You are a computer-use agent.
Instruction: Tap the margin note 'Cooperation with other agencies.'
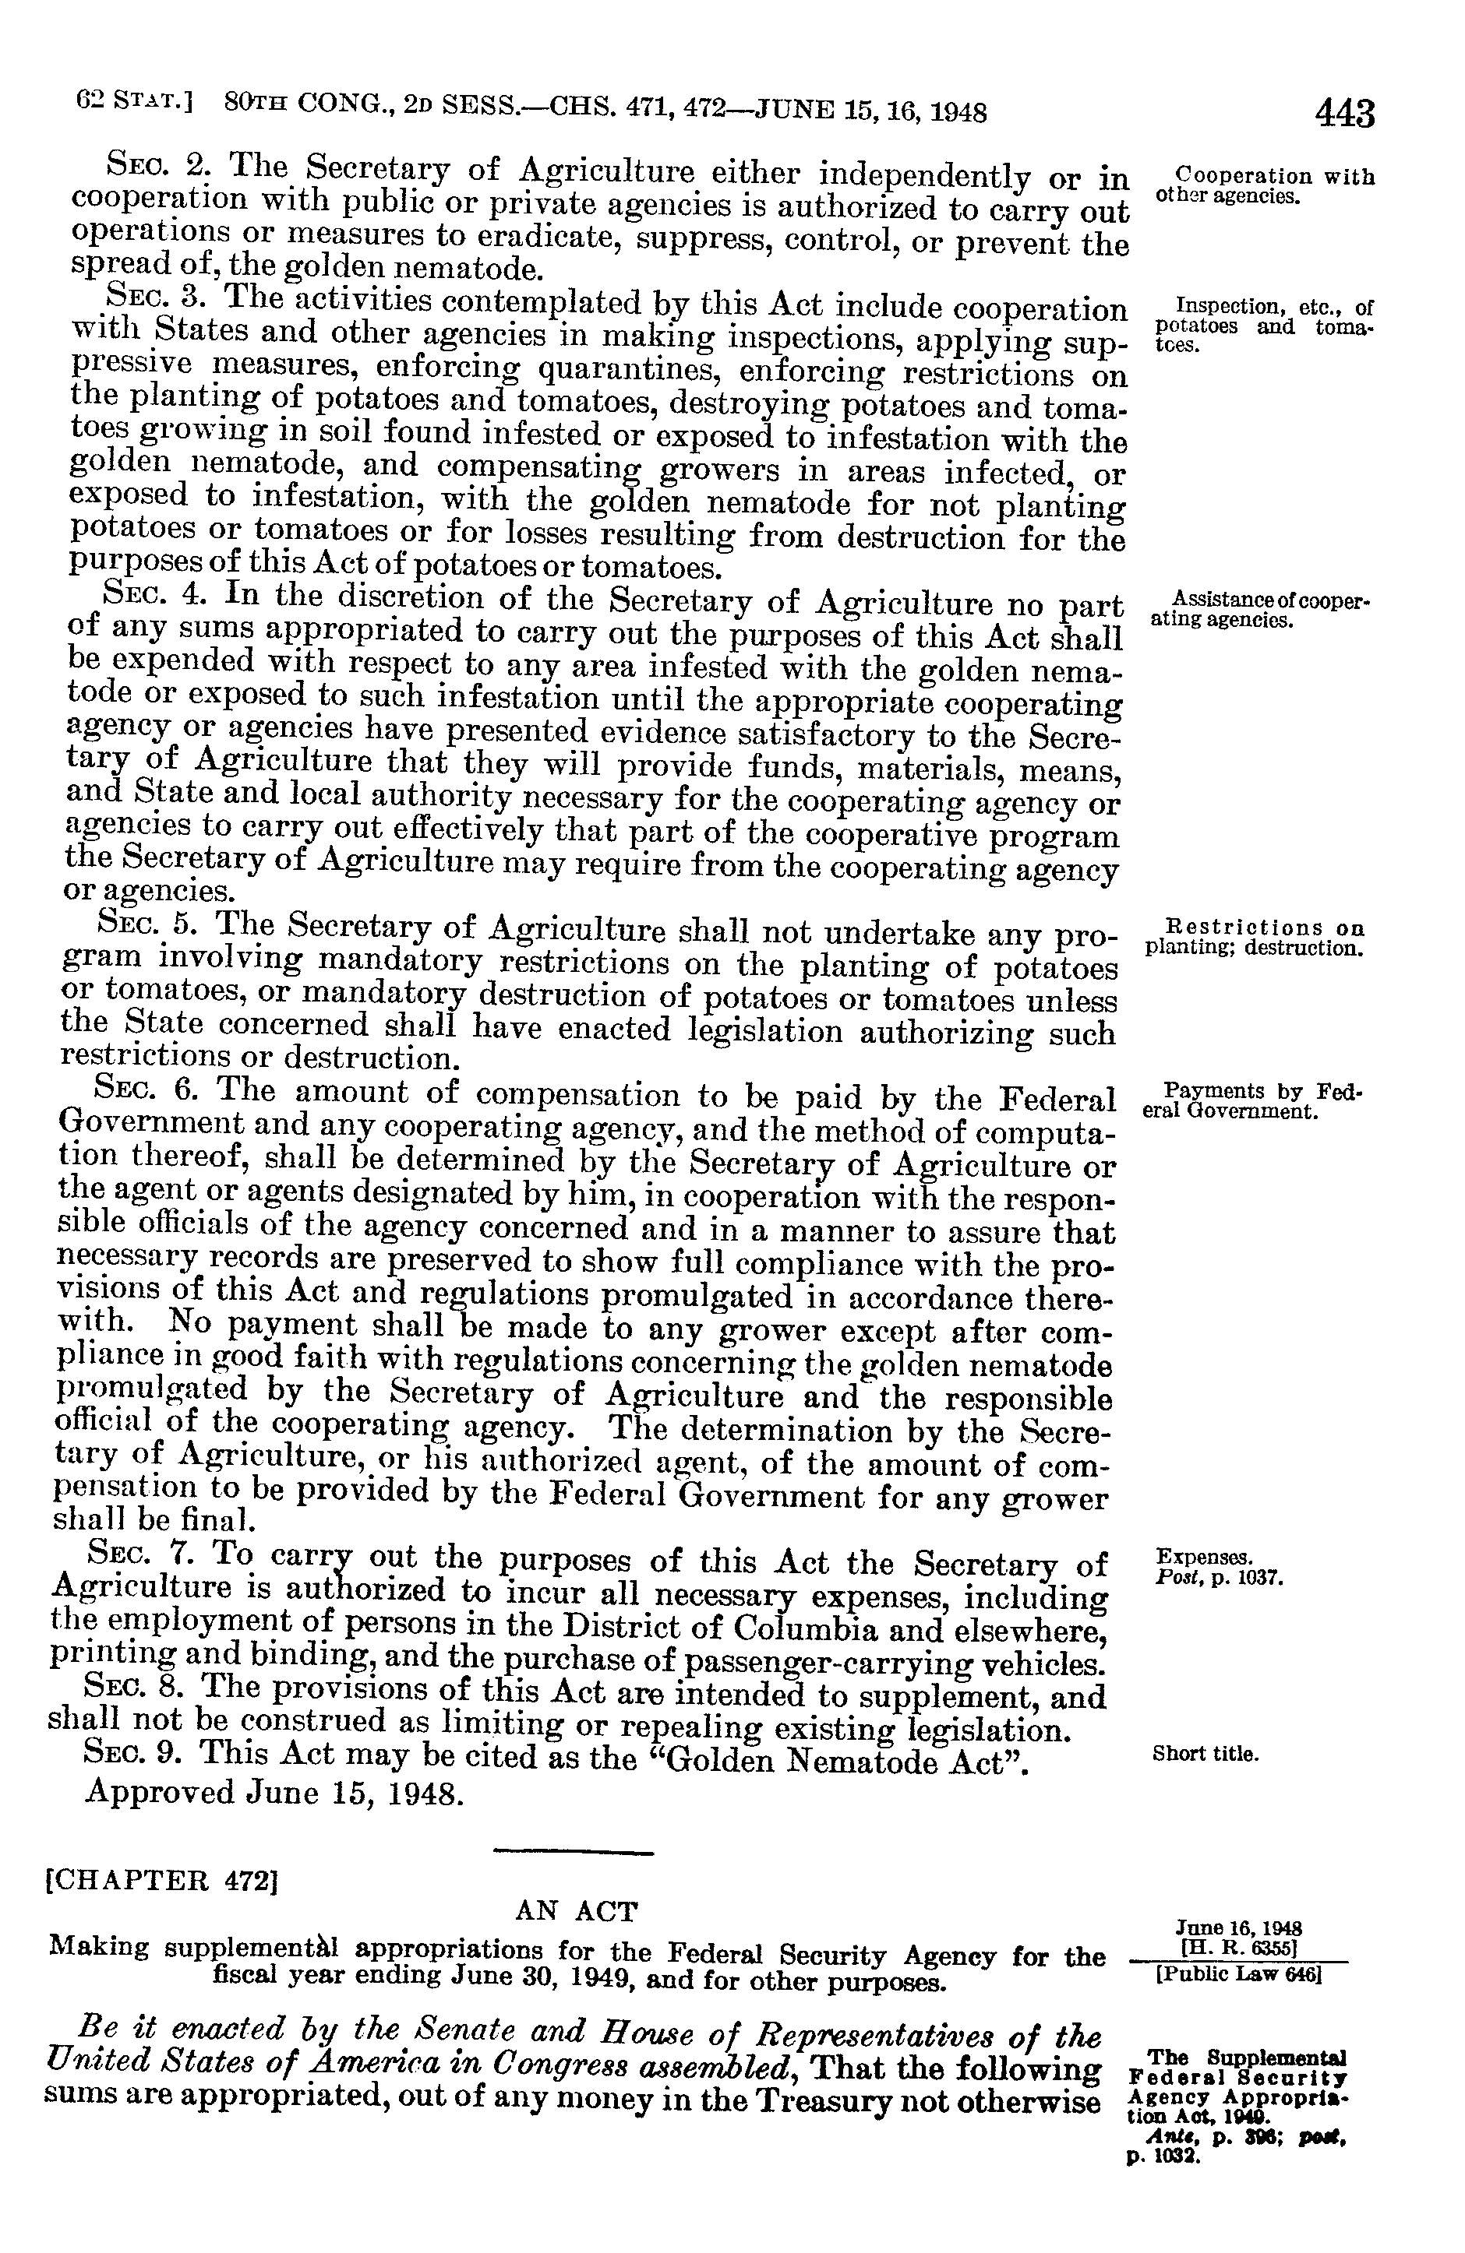[x=1266, y=186]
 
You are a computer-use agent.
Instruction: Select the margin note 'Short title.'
[x=1206, y=1754]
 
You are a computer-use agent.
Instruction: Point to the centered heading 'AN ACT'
[x=576, y=1911]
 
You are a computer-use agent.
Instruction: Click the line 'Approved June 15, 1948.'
[x=276, y=1793]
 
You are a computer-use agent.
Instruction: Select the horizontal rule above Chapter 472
[x=575, y=1850]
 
